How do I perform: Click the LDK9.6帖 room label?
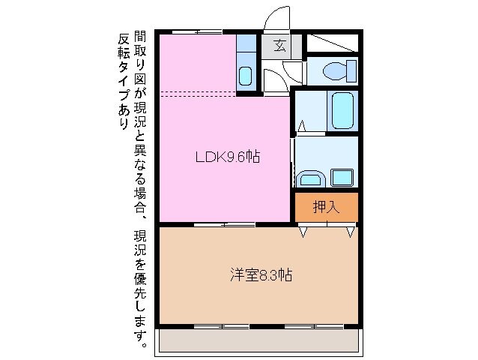click(228, 157)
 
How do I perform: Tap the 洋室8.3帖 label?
click(260, 275)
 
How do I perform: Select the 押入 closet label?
click(326, 207)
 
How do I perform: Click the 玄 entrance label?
click(279, 46)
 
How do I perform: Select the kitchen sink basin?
click(245, 76)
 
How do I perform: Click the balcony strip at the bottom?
click(259, 341)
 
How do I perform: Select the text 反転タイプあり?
click(124, 83)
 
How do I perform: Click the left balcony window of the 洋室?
click(221, 326)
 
